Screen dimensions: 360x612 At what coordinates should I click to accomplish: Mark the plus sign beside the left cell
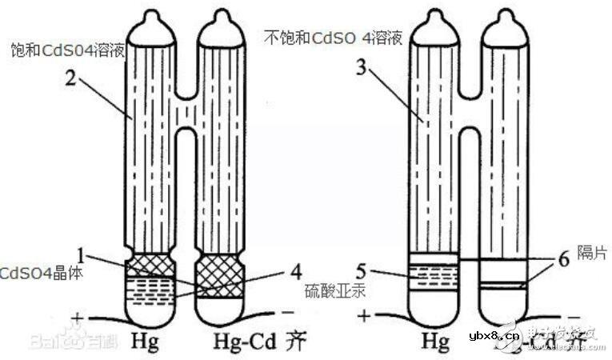coord(77,318)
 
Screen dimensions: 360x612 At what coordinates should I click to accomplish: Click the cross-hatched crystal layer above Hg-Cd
coord(219,274)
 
